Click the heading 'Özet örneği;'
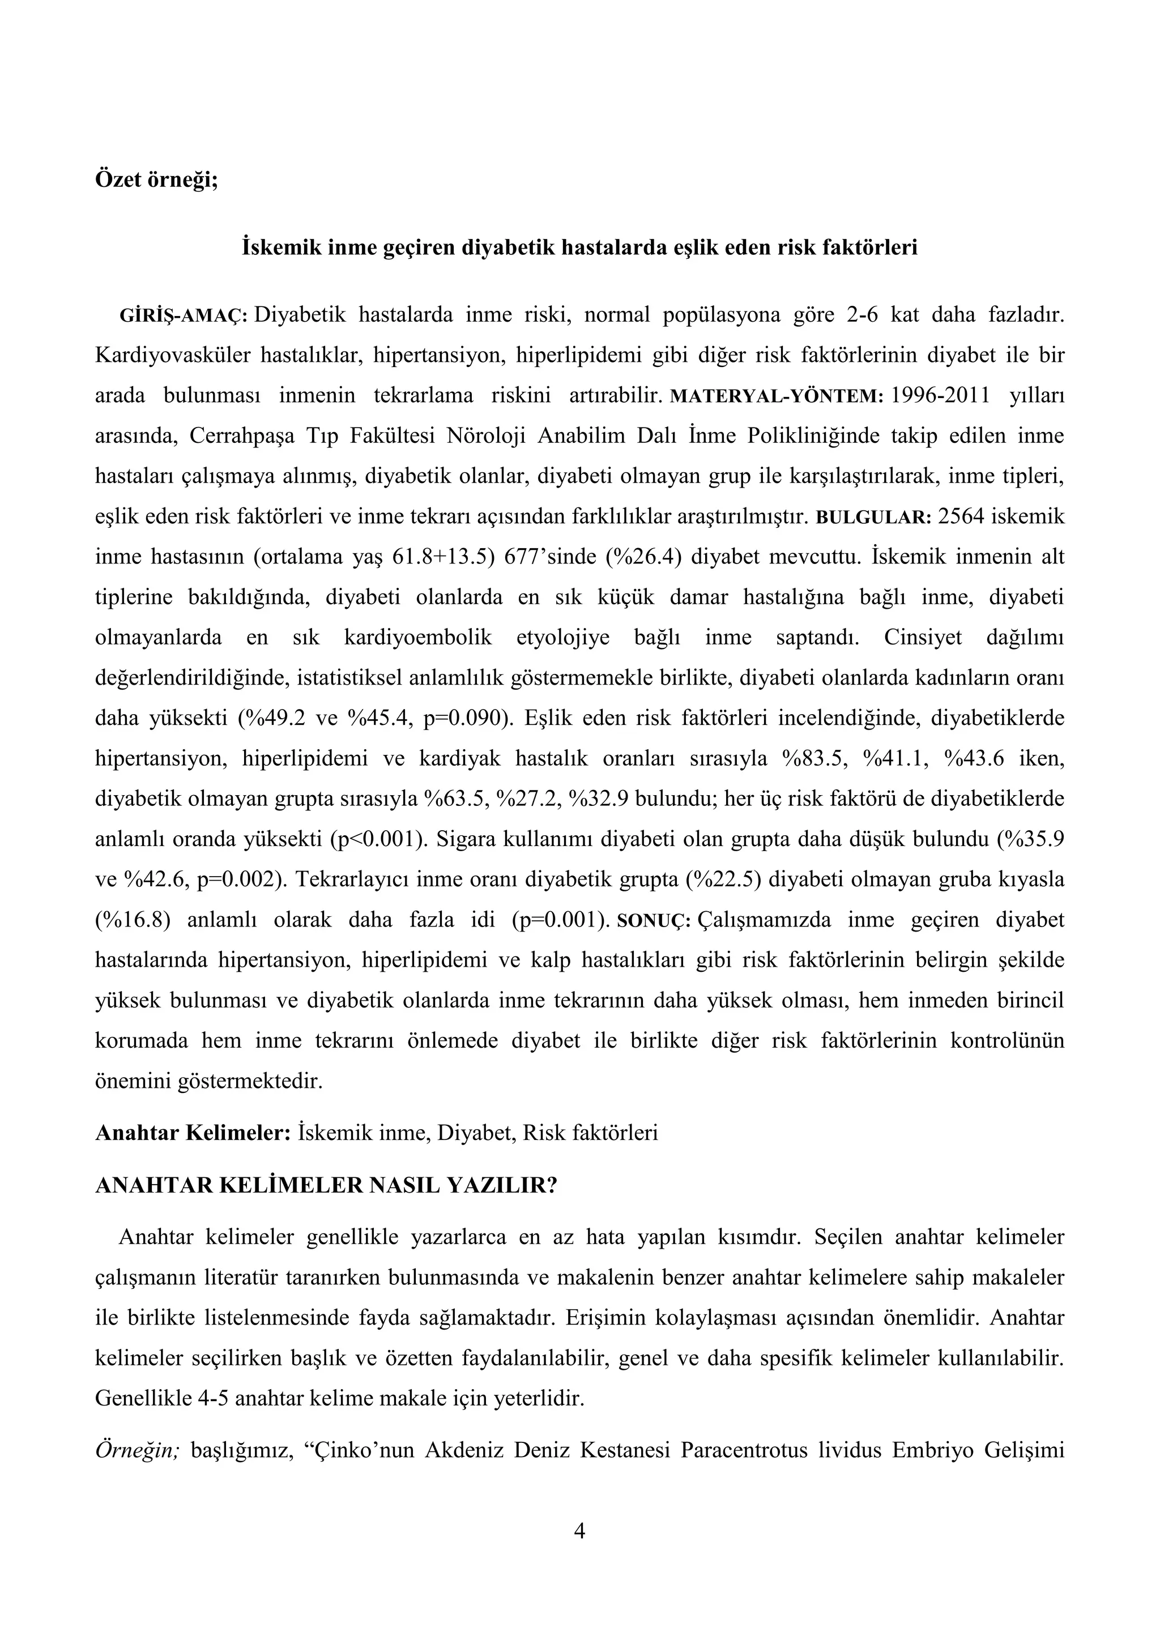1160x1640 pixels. click(x=156, y=180)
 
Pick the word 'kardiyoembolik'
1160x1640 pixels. click(x=418, y=638)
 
